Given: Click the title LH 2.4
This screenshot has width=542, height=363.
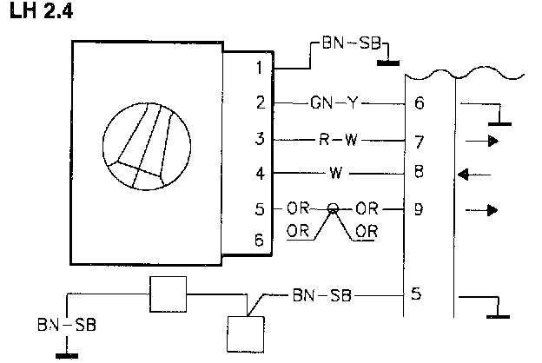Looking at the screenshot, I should point(39,14).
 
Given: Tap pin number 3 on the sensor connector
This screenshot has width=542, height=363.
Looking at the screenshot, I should point(258,139).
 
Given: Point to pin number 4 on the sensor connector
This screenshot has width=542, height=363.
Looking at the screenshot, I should point(258,174).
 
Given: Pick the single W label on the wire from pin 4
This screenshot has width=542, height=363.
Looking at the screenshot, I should point(333,174).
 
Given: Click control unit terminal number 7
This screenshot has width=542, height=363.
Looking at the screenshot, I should point(420,139).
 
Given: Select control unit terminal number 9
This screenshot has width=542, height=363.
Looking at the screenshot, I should point(420,208).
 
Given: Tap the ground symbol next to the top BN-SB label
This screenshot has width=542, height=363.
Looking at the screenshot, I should point(387,61).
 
